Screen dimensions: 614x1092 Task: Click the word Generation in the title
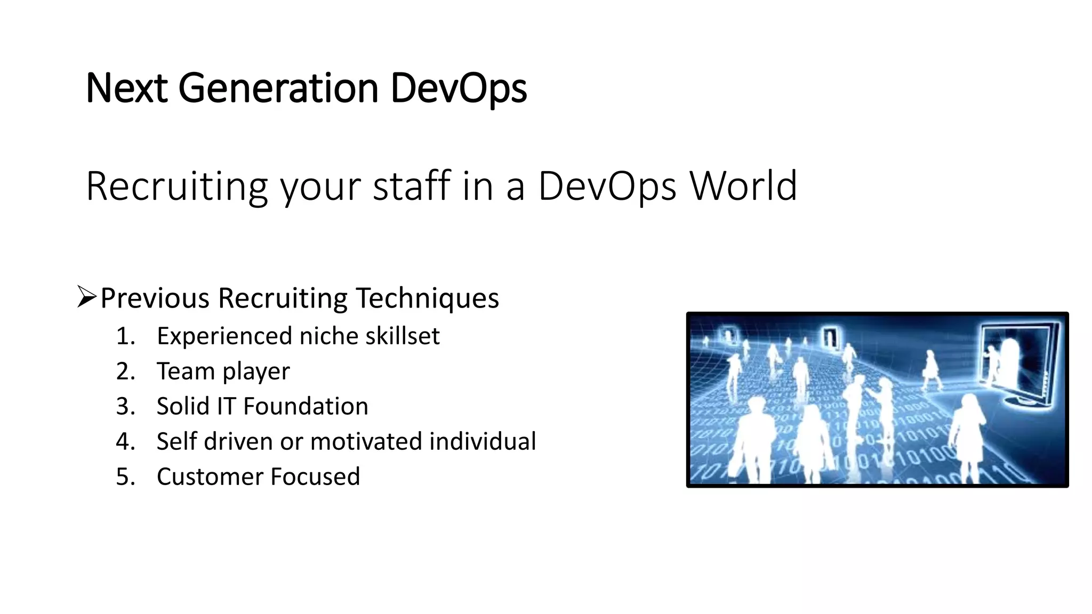coord(277,88)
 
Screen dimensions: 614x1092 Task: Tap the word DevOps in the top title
coord(459,88)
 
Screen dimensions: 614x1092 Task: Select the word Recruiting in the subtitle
coord(176,186)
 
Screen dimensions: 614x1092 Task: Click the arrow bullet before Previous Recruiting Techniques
coord(86,297)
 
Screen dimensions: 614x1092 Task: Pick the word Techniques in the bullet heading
coord(427,298)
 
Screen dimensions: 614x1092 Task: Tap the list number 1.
coord(125,336)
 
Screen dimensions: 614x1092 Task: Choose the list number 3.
coord(125,407)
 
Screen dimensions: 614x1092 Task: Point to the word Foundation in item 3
coord(306,407)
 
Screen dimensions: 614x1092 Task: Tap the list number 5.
coord(125,477)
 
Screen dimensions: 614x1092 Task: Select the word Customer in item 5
coord(209,477)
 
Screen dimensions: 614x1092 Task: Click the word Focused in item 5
coord(315,477)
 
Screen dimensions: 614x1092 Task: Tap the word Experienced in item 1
coord(224,336)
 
